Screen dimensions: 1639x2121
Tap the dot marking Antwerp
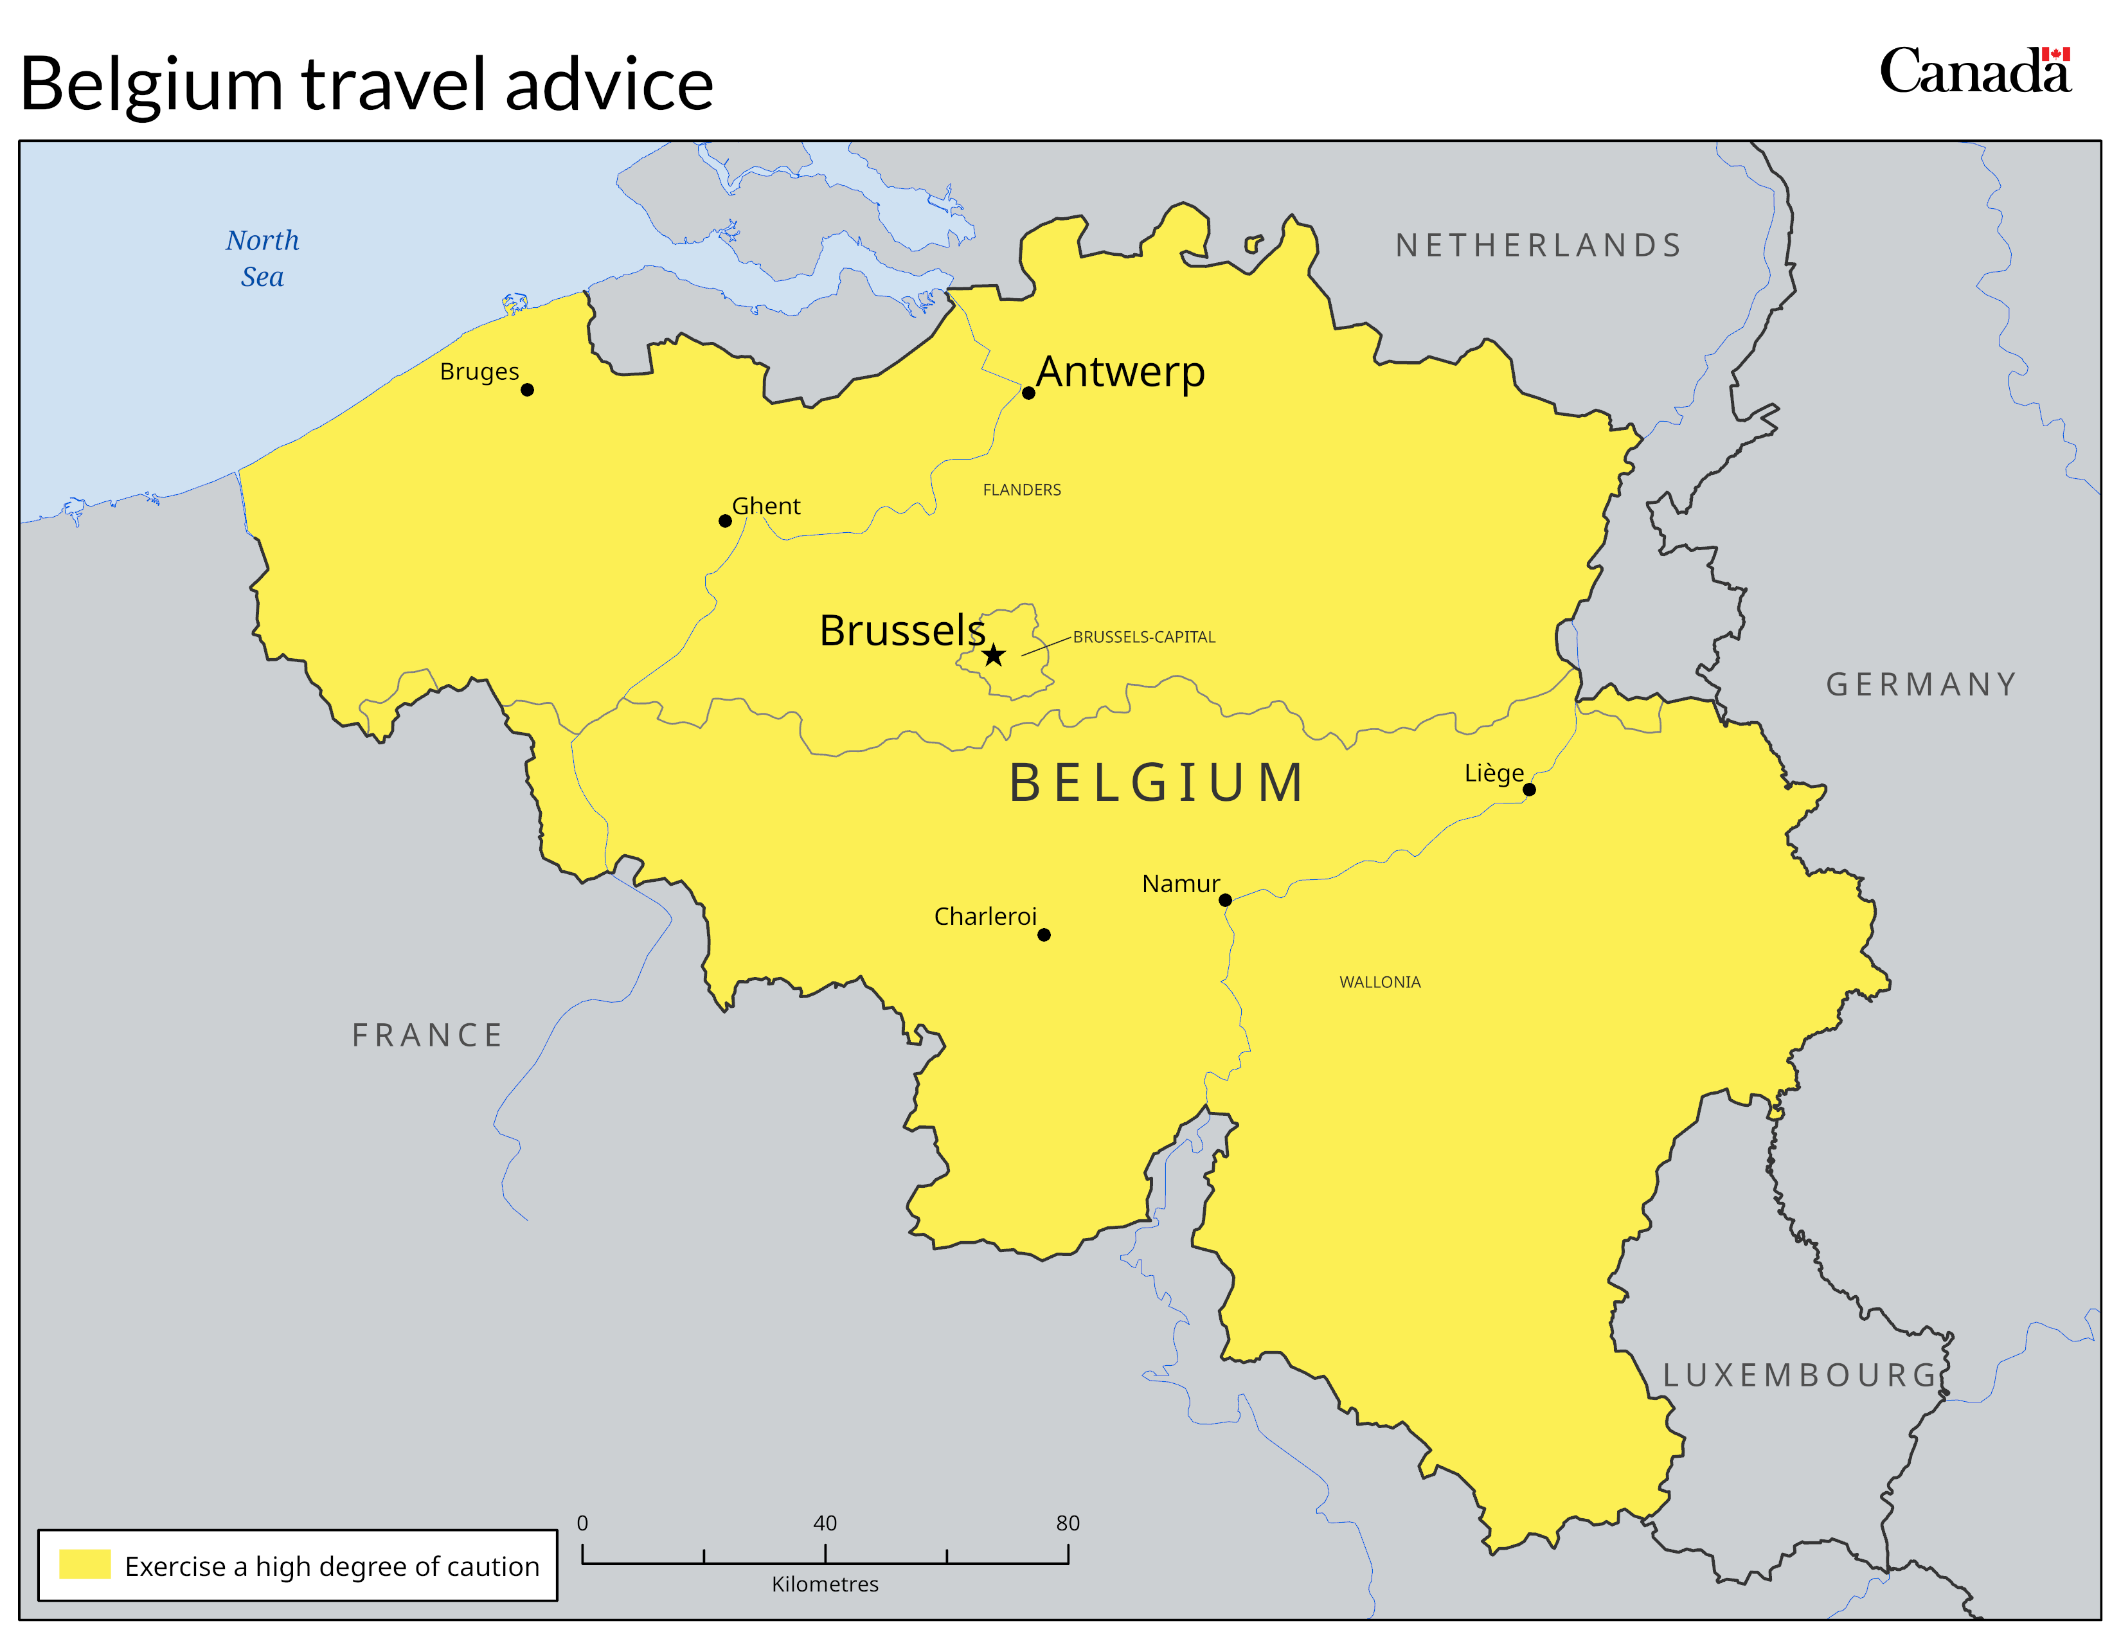1028,393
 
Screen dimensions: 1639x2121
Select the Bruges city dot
527,390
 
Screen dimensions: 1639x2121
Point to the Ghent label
766,506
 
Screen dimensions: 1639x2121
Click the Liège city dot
1530,789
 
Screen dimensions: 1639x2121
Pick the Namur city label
1180,884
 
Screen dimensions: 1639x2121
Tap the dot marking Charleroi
1044,935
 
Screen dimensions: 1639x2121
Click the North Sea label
262,258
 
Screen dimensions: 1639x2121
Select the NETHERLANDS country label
1538,246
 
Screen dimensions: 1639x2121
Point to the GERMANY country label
1921,685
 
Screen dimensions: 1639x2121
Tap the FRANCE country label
427,1035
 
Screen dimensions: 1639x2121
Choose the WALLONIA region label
1379,983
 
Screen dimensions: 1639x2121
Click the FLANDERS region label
1022,490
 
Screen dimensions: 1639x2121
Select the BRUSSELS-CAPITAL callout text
1144,637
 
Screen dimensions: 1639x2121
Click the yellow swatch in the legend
84,1564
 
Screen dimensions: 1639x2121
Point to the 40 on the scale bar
825,1523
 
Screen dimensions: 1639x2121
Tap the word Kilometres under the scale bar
825,1584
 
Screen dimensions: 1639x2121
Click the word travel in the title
393,85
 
